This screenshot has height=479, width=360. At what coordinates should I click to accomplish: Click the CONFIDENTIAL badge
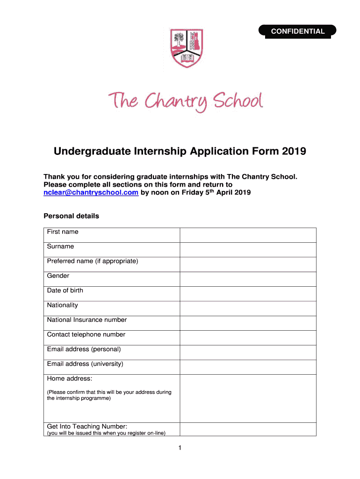(x=298, y=31)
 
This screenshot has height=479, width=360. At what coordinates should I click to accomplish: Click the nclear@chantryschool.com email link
(x=91, y=192)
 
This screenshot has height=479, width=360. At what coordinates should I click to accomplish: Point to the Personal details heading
(x=71, y=216)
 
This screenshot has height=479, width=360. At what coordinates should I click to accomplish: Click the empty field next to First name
(x=248, y=235)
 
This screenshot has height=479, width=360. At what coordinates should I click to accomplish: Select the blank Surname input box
(x=248, y=250)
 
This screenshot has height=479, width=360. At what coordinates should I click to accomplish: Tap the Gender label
(x=58, y=276)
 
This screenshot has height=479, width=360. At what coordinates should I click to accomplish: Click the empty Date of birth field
(x=248, y=294)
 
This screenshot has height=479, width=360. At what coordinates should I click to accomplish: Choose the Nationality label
(x=62, y=305)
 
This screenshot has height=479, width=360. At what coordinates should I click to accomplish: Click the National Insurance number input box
(x=248, y=323)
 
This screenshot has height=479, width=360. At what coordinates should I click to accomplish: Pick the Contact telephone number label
(x=86, y=335)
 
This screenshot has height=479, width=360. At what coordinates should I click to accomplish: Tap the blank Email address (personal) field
(x=248, y=353)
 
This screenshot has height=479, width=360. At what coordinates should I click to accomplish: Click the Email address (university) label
(x=85, y=364)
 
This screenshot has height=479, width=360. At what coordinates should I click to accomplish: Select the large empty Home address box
(x=248, y=399)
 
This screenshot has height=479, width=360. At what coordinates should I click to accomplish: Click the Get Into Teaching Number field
(x=248, y=429)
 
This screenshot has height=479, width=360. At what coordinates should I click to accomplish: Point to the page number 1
(x=180, y=448)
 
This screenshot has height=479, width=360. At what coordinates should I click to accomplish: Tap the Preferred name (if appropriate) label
(x=93, y=261)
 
